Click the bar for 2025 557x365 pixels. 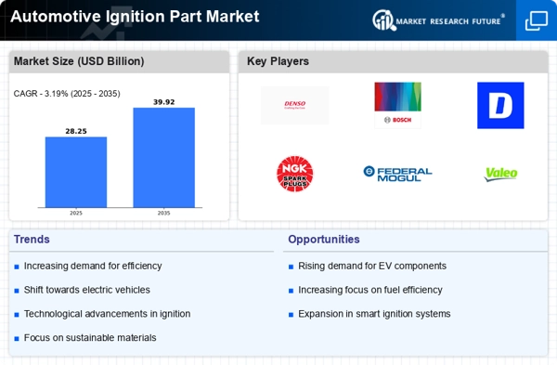(x=76, y=172)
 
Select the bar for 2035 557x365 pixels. (x=163, y=157)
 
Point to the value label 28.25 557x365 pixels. (x=76, y=131)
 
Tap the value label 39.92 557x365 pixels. (x=163, y=101)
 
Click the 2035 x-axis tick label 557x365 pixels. (x=163, y=213)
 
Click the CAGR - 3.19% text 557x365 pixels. (x=67, y=93)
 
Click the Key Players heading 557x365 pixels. (x=278, y=61)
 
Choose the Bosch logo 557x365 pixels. (x=397, y=105)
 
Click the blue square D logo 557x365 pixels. (x=500, y=105)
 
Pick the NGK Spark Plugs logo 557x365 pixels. (x=295, y=174)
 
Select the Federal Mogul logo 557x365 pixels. (x=397, y=173)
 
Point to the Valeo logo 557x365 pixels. (x=500, y=174)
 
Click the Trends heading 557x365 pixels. (x=32, y=240)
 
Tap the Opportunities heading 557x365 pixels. (x=323, y=240)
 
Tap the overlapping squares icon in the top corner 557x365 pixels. (x=536, y=20)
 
